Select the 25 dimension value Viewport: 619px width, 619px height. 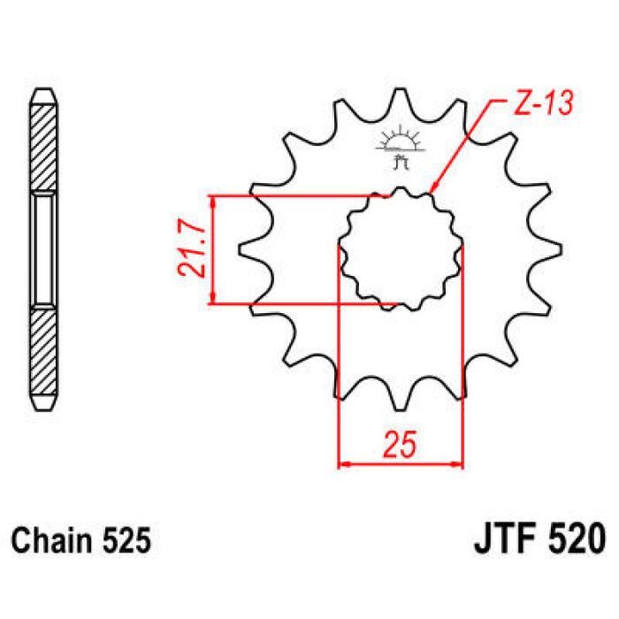(401, 445)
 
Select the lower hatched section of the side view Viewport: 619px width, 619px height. (44, 354)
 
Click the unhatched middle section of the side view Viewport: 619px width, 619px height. (44, 249)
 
